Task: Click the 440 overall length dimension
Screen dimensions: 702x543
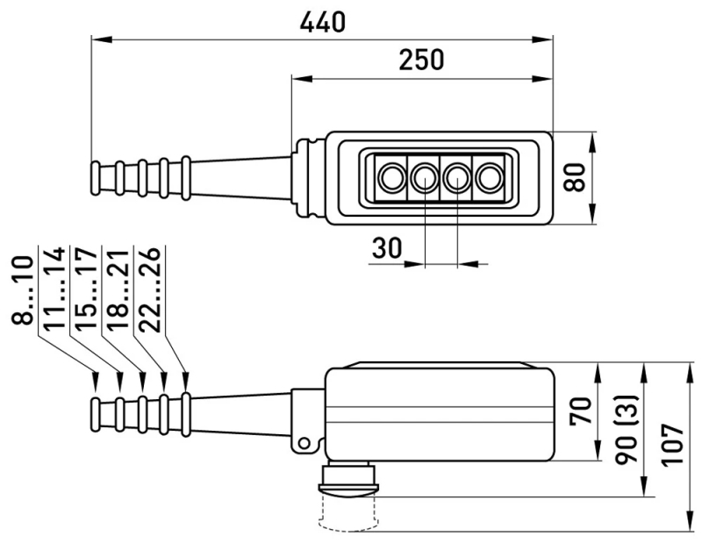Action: pos(322,22)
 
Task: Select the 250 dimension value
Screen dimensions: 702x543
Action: pos(421,60)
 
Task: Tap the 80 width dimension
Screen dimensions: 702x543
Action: pos(575,178)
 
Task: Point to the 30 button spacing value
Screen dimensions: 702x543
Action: pos(387,248)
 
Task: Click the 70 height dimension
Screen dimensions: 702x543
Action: pos(581,411)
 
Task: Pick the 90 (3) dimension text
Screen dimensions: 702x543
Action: pos(626,429)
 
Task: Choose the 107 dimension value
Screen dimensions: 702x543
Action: pos(672,446)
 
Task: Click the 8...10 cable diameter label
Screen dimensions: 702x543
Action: pos(23,289)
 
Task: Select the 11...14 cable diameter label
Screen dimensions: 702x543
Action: pos(54,289)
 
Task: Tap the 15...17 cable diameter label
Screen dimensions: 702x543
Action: pos(86,289)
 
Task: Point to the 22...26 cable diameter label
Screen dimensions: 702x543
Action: pos(149,289)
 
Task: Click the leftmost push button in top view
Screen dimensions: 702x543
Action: pos(391,178)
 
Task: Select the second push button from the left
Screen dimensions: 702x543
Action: pos(424,178)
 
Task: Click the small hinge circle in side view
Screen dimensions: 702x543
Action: pos(304,444)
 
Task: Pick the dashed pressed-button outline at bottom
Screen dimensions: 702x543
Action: pos(348,514)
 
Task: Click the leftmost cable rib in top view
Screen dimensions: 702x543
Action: pos(96,178)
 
